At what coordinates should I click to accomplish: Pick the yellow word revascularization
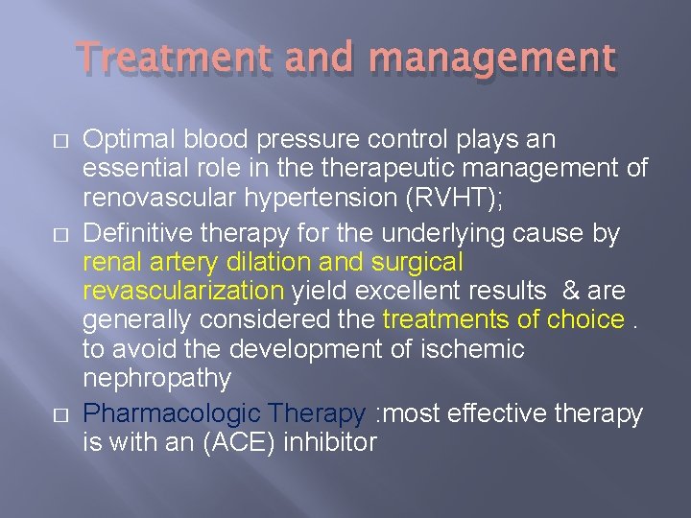[x=183, y=290]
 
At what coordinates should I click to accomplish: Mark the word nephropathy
[x=156, y=379]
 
